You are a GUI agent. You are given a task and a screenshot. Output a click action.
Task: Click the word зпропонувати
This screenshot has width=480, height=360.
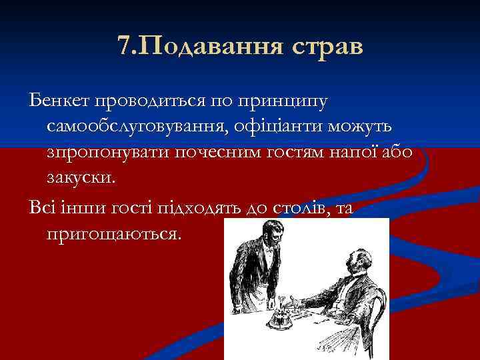pyautogui.click(x=108, y=152)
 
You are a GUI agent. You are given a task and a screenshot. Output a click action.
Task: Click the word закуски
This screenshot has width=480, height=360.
pyautogui.click(x=81, y=177)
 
